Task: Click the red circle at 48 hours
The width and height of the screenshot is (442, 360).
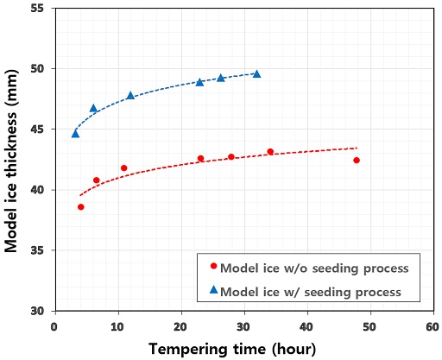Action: click(x=357, y=161)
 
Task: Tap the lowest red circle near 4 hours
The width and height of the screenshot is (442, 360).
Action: click(x=81, y=207)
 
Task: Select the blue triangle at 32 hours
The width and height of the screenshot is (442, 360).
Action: click(x=256, y=74)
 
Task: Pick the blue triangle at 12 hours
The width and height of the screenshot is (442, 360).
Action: click(x=130, y=96)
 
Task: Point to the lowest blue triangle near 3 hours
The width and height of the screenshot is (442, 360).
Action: click(x=75, y=134)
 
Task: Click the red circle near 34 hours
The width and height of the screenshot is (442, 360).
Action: click(x=270, y=152)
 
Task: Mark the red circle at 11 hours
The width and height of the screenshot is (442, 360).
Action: click(x=124, y=168)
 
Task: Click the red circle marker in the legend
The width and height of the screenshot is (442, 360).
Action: click(x=213, y=266)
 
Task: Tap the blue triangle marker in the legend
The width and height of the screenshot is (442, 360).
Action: click(x=214, y=289)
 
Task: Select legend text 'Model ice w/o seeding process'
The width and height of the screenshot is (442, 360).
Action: click(x=314, y=268)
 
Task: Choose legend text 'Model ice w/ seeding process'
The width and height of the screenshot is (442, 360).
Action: click(x=311, y=292)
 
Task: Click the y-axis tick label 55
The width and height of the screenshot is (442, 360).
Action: click(x=37, y=8)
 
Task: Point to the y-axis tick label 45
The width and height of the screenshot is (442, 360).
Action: click(x=37, y=129)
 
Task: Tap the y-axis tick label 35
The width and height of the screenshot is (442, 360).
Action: click(x=37, y=250)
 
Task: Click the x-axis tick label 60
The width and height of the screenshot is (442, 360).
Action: click(x=433, y=327)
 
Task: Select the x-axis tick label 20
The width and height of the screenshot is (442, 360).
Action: click(x=180, y=327)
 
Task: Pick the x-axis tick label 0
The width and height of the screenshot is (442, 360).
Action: click(x=54, y=327)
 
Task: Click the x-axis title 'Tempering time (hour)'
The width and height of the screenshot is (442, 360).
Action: click(x=232, y=349)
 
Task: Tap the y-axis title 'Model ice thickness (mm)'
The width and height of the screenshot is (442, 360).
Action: click(x=11, y=161)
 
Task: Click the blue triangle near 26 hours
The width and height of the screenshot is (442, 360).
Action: click(x=221, y=78)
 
